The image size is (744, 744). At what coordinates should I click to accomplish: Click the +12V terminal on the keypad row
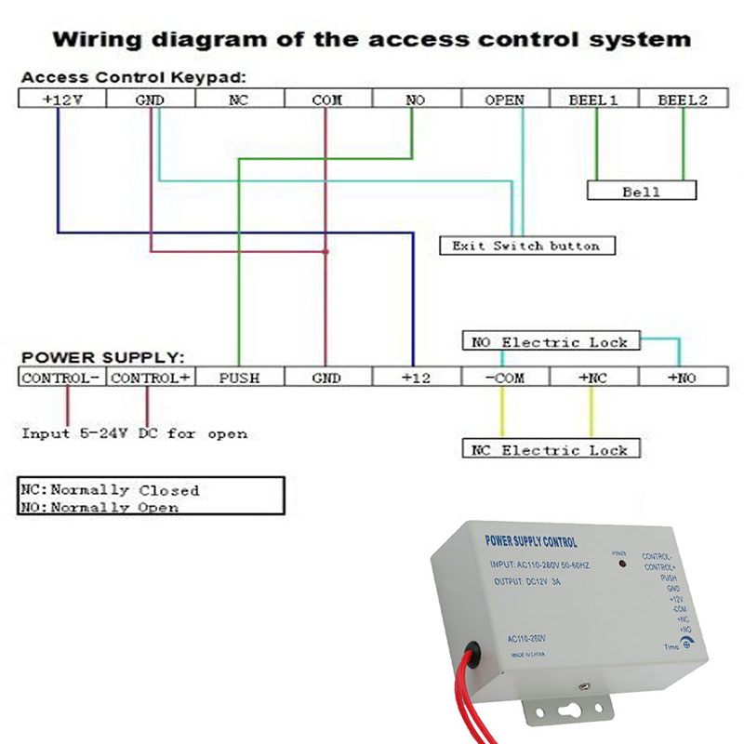click(x=61, y=100)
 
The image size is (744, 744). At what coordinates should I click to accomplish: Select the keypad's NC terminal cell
click(x=238, y=100)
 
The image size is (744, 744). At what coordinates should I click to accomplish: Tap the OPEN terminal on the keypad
click(x=504, y=100)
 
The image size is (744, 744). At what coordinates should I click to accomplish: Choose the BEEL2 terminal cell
click(x=682, y=100)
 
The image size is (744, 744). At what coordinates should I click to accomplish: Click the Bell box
click(x=641, y=192)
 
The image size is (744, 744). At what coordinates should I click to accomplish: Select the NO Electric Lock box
click(x=551, y=341)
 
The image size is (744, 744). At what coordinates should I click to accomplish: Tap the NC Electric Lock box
click(x=551, y=450)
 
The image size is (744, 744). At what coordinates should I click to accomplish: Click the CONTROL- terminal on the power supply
click(x=61, y=378)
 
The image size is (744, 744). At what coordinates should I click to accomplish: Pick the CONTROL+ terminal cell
click(x=150, y=378)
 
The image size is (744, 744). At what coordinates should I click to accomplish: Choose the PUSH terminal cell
click(x=238, y=378)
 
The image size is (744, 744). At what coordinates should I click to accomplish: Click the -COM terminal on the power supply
click(x=504, y=378)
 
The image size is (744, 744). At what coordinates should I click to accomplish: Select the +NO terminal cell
click(x=682, y=378)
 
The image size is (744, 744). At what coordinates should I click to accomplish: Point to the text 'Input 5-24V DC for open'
click(x=135, y=433)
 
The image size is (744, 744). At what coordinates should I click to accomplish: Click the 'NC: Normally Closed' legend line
click(x=110, y=489)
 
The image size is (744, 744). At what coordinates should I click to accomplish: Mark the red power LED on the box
click(x=619, y=564)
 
